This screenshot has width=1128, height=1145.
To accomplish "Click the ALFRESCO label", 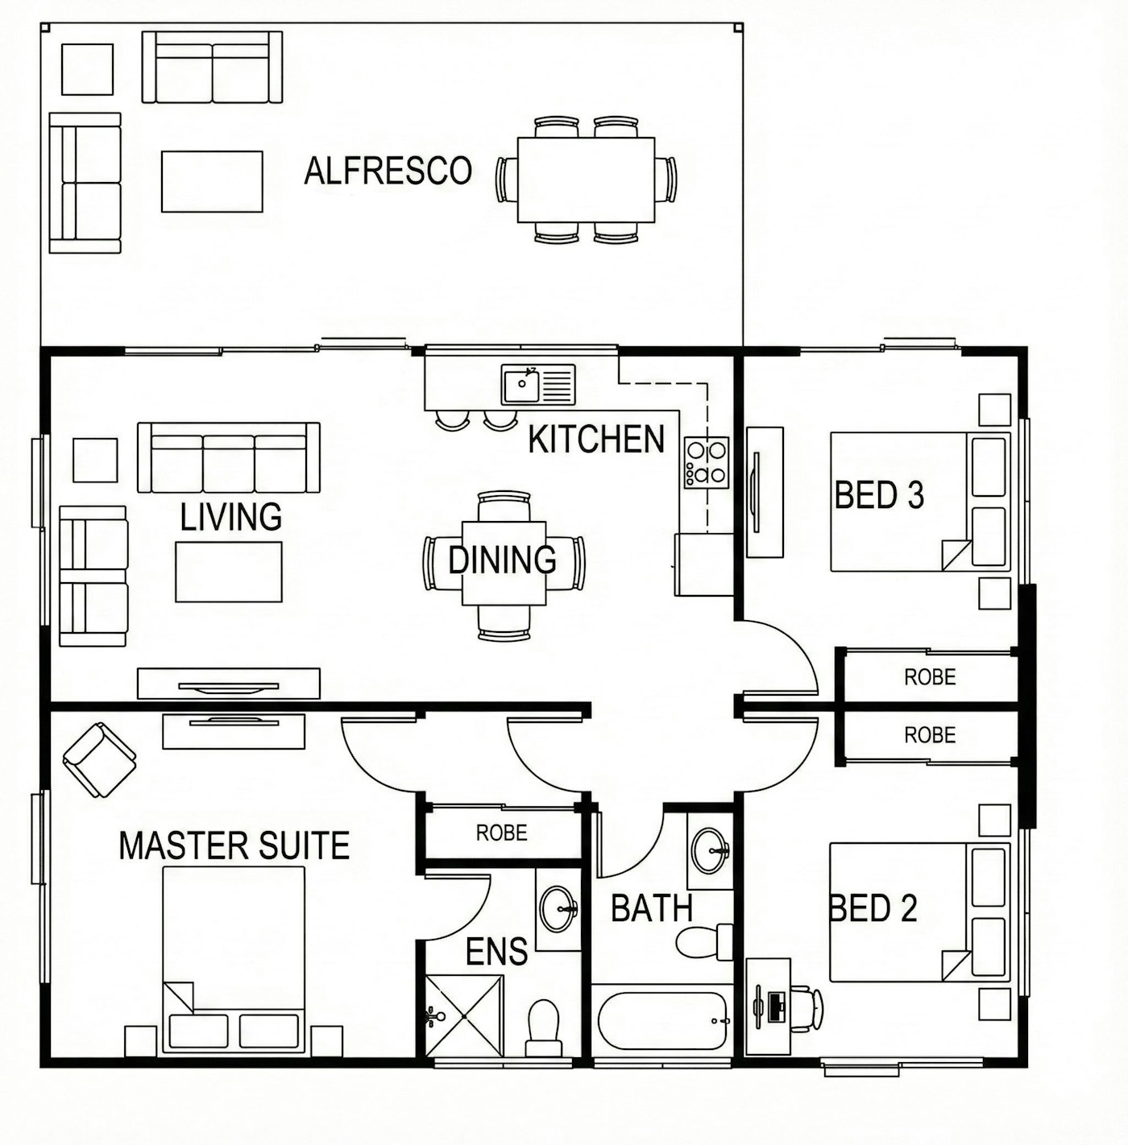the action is point(388,171).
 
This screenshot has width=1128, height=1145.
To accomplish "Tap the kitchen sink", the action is point(538,384).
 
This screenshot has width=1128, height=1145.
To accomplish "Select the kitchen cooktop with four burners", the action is point(707,462).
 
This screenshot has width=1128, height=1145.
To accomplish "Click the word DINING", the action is point(503,560).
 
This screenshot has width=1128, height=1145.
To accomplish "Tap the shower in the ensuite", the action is point(464,1016).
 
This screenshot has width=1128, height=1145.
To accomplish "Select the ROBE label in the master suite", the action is point(501,833).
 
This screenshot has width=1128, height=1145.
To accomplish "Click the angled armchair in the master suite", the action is point(99,759).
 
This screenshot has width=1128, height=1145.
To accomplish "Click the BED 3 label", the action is point(879,494).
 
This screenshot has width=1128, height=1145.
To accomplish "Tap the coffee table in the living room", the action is point(229,572).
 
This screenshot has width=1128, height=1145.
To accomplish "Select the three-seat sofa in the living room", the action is point(229,457).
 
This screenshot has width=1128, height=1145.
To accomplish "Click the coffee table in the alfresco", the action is point(212,181).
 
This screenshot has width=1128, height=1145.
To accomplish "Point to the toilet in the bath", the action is point(705,941).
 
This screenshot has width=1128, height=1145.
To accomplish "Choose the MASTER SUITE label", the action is point(234,845).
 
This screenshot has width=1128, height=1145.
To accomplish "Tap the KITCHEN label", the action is point(596,439).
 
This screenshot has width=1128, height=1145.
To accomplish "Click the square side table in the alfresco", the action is point(87,69).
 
